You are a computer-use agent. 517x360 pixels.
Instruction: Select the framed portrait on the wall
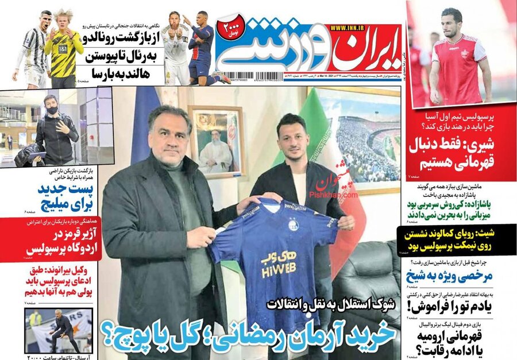coord(216,141)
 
